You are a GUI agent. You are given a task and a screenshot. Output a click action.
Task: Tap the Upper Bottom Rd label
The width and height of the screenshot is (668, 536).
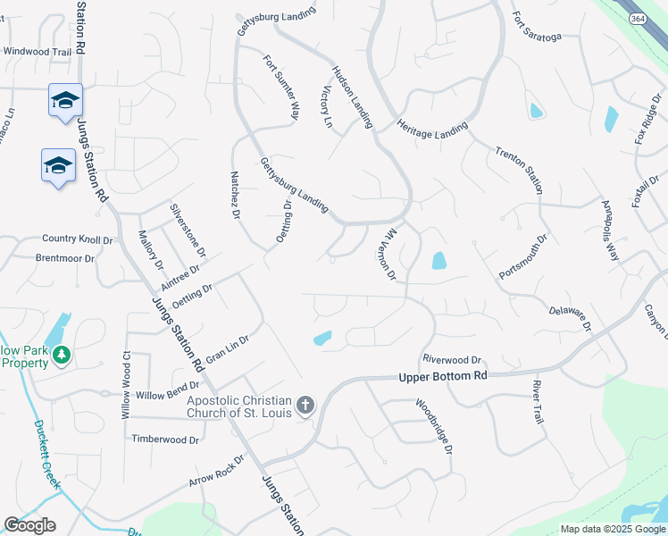coord(443,377)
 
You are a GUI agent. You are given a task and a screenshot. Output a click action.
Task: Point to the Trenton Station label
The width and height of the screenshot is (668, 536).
coord(519,166)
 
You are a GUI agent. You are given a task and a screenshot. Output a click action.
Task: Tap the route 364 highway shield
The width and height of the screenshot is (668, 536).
coord(638,19)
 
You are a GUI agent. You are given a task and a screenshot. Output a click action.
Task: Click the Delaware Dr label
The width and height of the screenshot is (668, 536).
coord(570,316)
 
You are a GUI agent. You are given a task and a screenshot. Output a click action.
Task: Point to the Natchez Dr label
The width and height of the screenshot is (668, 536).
coord(236,196)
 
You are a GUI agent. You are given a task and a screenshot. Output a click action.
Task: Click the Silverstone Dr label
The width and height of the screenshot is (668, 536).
coord(188,230)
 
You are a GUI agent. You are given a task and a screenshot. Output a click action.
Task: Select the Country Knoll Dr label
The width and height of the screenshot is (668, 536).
coord(78,239)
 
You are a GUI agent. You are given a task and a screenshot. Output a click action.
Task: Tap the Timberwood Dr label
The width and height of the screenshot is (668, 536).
coord(164,440)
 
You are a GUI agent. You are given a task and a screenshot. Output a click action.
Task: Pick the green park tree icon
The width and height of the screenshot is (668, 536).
coord(62,355)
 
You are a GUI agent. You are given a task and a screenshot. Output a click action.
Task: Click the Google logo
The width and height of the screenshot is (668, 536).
coord(29,525)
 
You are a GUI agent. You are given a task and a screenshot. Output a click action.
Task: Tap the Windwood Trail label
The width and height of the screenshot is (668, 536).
coord(37,52)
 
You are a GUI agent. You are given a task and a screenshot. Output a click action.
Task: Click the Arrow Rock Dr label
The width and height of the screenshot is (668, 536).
coord(216,471)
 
